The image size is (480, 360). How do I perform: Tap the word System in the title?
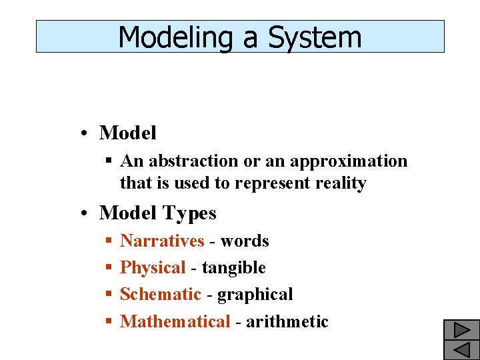click(x=315, y=37)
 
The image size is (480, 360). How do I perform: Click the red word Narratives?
click(x=162, y=241)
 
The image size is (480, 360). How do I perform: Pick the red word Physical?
click(x=153, y=268)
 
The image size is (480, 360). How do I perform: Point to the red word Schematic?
click(x=160, y=295)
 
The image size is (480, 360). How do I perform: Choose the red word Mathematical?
click(x=175, y=322)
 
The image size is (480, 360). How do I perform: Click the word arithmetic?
click(x=287, y=322)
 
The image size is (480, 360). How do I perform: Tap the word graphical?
click(x=255, y=295)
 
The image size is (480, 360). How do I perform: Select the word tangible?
click(x=233, y=268)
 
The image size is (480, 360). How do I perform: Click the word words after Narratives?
click(x=245, y=241)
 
